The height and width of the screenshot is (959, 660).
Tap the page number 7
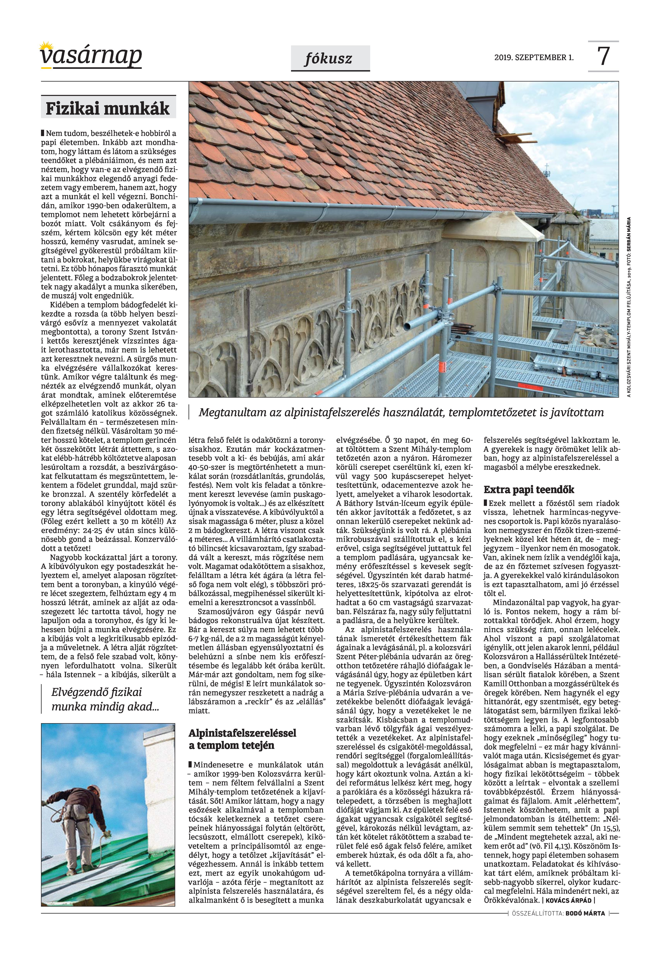(603, 57)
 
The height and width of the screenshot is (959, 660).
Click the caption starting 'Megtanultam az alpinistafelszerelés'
(401, 412)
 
